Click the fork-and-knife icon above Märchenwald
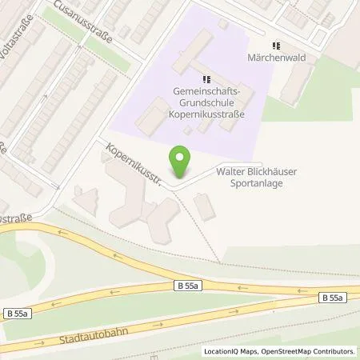click(278, 46)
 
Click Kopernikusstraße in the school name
click(206, 114)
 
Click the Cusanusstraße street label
click(83, 22)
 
